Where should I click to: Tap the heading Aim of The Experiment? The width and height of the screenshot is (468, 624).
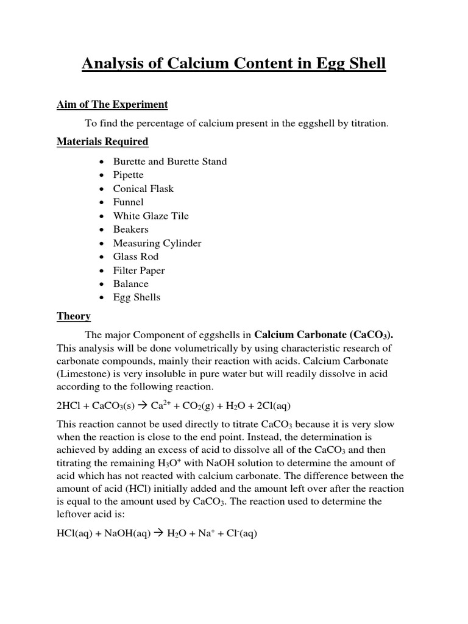112,104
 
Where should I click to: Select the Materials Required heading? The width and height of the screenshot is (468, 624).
102,141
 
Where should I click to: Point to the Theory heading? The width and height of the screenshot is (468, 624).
74,316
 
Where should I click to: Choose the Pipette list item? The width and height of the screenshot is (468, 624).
128,175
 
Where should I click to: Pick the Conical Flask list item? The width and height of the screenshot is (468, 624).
143,188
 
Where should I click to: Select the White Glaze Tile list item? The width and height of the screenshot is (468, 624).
151,216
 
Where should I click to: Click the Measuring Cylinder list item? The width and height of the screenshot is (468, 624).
157,243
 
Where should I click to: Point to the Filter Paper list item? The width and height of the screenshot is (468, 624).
139,270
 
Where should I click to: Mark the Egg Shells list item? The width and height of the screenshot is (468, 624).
136,297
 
